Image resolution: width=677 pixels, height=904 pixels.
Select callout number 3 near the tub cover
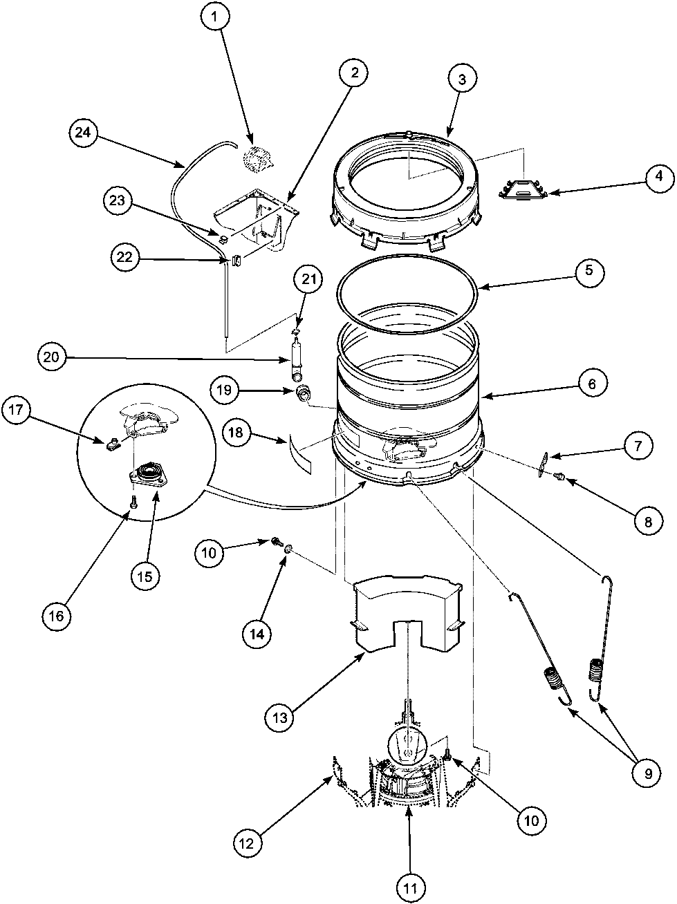[463, 79]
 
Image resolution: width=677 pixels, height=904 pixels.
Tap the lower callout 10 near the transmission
[530, 821]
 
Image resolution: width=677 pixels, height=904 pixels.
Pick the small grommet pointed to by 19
[302, 394]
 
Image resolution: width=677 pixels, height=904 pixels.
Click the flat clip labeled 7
[543, 462]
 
